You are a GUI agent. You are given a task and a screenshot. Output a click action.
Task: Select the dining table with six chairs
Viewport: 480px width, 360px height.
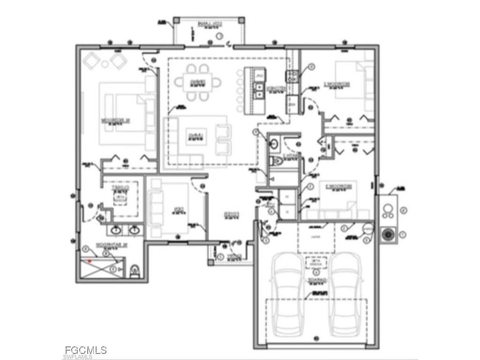[198, 82]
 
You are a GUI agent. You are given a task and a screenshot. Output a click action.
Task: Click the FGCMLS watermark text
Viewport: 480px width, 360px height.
[86, 350]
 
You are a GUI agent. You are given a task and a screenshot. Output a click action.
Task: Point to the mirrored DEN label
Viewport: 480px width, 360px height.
[177, 210]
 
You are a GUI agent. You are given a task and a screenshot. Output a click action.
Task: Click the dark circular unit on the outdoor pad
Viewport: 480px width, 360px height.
[388, 234]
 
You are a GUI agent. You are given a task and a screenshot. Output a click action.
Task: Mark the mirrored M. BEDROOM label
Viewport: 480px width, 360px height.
[115, 120]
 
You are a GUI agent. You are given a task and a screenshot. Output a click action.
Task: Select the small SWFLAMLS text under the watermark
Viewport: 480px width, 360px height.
[78, 357]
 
